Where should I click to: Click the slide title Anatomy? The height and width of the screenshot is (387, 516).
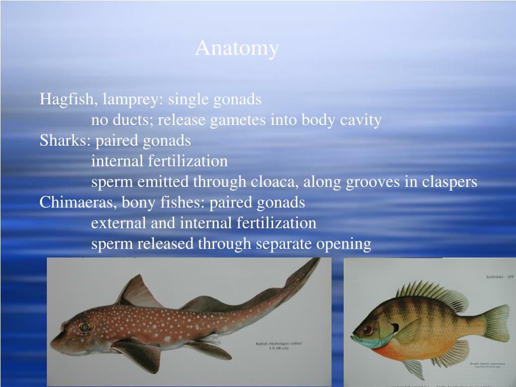coord(237,48)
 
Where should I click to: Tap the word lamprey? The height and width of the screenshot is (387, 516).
coord(133,99)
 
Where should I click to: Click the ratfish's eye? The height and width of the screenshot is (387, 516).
coord(85,327)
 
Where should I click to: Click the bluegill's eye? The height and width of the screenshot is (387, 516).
coord(368,330)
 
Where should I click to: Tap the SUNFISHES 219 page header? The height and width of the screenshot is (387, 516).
coord(499,277)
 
